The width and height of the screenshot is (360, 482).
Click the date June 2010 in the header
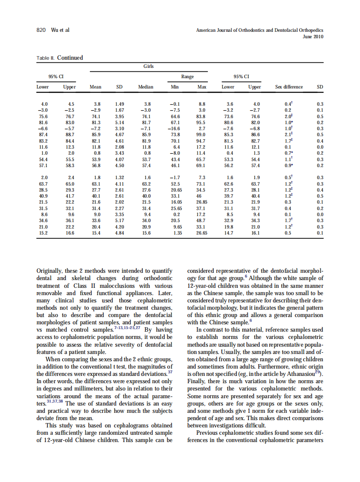[x=313, y=37]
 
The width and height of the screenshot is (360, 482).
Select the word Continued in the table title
[x=70, y=58]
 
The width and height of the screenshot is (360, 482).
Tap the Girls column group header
[x=149, y=66]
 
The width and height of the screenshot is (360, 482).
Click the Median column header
[x=146, y=87]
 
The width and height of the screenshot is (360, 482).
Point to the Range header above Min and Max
[x=187, y=76]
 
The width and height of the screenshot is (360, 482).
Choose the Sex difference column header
[x=289, y=87]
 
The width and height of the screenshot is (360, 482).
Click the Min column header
[x=175, y=87]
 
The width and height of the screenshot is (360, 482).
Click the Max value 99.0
[x=201, y=134]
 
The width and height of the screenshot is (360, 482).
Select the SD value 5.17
[x=119, y=220]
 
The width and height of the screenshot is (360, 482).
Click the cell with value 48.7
[x=201, y=220]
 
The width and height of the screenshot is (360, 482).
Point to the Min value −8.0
[x=175, y=153]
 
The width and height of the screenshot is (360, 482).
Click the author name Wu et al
[x=60, y=30]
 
